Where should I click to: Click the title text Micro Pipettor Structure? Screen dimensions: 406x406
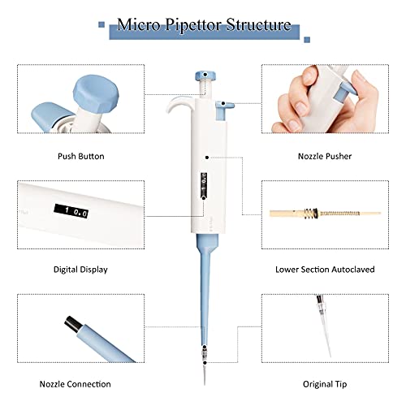(x=204, y=25)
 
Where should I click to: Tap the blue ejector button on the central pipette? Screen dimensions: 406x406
(x=225, y=103)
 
